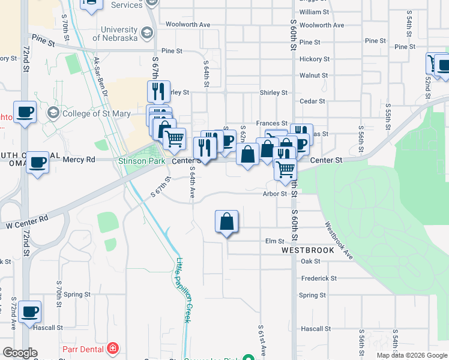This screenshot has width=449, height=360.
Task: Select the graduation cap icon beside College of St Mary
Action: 53,113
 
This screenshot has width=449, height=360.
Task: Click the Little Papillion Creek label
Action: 184,290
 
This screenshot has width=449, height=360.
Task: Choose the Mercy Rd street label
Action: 82,160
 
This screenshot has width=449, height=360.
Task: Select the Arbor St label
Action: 275,194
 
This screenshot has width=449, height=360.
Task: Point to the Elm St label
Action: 274,241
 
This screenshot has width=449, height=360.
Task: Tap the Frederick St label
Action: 319,278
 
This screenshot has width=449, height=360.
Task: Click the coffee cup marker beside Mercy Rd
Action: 37,163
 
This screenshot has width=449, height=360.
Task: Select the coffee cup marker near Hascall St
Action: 29,312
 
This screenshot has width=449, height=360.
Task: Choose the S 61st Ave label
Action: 262,341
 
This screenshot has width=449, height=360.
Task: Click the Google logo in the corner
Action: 20,353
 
